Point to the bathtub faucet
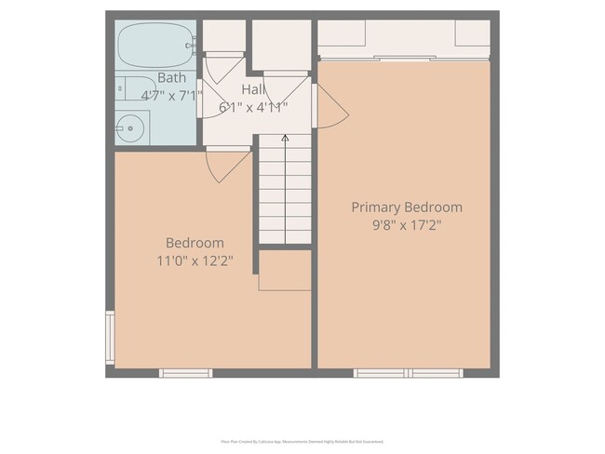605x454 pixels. click(x=190, y=44)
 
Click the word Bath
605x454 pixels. click(x=171, y=78)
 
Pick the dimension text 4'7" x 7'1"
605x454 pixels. click(x=171, y=95)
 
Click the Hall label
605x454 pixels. click(x=252, y=89)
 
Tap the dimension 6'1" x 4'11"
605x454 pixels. click(x=253, y=106)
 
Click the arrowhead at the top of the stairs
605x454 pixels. click(x=285, y=139)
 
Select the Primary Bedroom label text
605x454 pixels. click(x=406, y=207)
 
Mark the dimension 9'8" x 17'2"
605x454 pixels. click(x=406, y=225)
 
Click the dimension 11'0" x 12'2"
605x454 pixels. click(x=195, y=260)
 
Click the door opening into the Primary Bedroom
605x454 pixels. click(x=330, y=107)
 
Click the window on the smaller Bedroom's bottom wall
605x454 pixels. click(x=185, y=373)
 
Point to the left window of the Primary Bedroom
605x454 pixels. click(x=380, y=373)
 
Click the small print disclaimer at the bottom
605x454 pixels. click(x=302, y=442)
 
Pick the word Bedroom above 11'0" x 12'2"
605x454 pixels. click(x=194, y=243)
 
